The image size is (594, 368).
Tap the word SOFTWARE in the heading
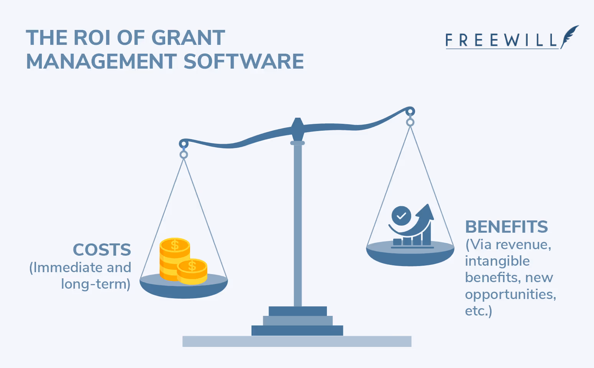click(x=243, y=62)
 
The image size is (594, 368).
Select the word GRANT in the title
click(x=188, y=38)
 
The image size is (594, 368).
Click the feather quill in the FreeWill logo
click(x=570, y=36)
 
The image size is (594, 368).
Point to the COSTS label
click(x=102, y=250)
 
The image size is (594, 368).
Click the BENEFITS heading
click(x=506, y=227)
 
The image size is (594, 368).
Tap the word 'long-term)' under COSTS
click(x=96, y=284)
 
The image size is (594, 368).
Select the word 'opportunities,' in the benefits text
click(x=510, y=294)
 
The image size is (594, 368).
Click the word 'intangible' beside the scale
click(x=497, y=261)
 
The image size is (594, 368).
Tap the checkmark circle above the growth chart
click(x=401, y=216)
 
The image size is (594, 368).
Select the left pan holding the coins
click(x=184, y=287)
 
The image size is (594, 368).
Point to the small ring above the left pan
click(x=184, y=155)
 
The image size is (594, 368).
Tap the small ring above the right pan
click(x=410, y=123)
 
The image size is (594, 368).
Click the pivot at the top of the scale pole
click(x=297, y=129)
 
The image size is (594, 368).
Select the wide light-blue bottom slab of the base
click(x=297, y=341)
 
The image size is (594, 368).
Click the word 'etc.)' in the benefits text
click(x=478, y=311)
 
